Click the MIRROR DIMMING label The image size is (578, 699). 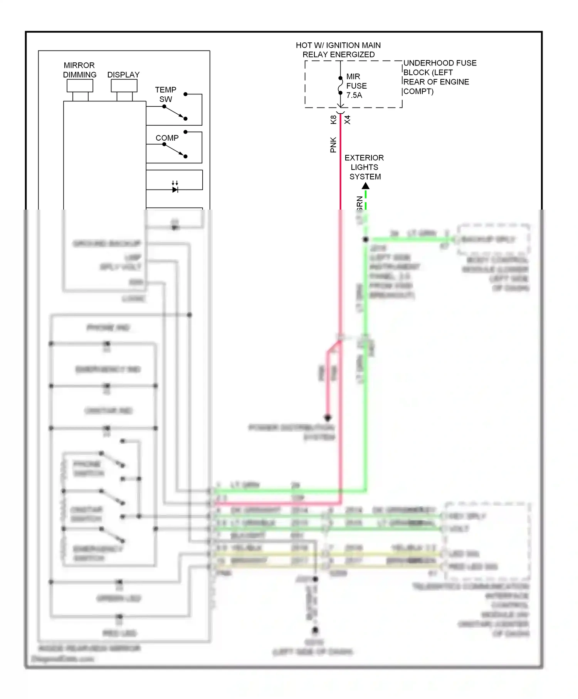tap(80, 70)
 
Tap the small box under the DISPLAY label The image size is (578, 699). tap(124, 86)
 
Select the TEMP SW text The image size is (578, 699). tap(166, 94)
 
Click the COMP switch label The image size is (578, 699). tap(167, 138)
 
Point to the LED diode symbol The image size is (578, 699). tap(175, 189)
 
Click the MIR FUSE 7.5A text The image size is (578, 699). tap(356, 86)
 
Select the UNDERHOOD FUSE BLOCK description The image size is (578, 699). tap(439, 77)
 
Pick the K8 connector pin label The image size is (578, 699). tap(334, 120)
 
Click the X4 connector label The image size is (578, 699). tap(348, 120)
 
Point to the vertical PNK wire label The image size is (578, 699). tap(334, 145)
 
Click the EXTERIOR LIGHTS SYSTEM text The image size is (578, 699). tap(365, 167)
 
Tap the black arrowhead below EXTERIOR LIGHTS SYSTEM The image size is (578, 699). tap(366, 186)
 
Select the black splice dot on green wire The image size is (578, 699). tap(366, 239)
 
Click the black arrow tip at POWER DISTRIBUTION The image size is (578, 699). tap(328, 418)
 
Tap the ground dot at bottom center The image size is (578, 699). tap(315, 630)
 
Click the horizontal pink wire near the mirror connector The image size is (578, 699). tap(277, 503)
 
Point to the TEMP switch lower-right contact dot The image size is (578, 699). tap(185, 119)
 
